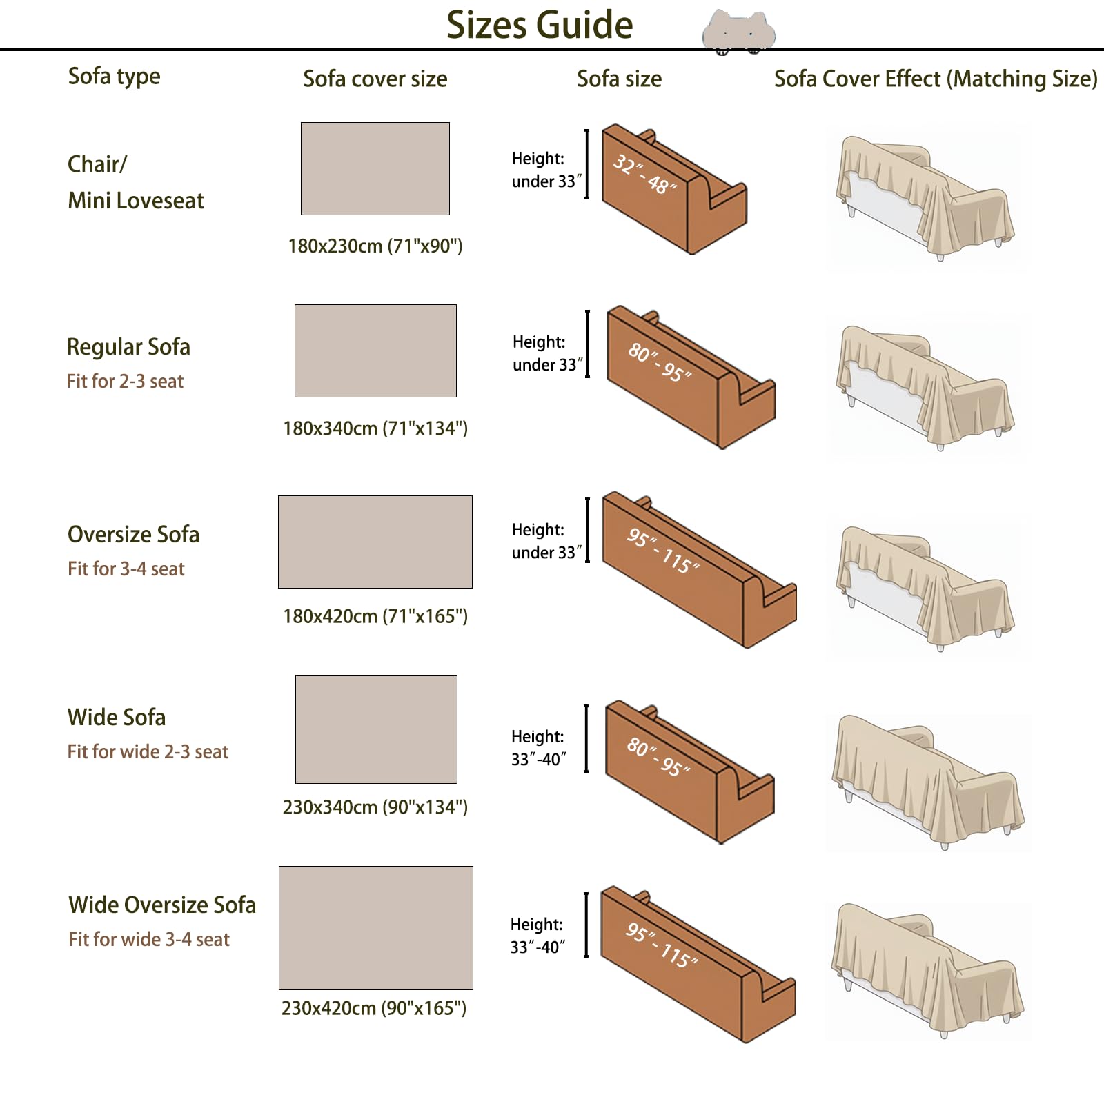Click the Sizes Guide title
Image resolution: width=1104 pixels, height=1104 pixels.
(540, 26)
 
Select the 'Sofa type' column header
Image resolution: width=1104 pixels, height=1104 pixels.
(114, 77)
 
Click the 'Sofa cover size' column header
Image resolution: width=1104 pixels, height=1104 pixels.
(375, 79)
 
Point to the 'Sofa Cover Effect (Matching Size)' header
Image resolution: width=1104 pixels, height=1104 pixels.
(936, 79)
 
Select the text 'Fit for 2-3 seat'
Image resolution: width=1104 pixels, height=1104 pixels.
(125, 381)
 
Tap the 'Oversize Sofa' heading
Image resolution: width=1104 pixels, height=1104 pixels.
(133, 534)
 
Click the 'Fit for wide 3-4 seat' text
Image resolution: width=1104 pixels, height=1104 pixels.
(149, 939)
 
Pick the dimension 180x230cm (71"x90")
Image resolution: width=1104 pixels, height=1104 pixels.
(375, 246)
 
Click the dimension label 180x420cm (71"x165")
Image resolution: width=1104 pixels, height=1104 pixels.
(375, 616)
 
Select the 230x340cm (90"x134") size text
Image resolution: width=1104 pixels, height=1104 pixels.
(375, 807)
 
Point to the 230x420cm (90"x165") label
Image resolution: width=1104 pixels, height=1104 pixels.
(374, 1008)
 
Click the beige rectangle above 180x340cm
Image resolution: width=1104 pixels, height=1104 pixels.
(375, 351)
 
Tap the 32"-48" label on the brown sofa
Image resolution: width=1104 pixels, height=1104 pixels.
(645, 175)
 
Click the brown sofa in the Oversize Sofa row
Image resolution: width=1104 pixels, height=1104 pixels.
(699, 569)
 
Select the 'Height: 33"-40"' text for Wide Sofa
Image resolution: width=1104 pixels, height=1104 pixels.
(538, 748)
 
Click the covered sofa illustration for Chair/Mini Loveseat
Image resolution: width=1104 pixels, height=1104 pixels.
(925, 198)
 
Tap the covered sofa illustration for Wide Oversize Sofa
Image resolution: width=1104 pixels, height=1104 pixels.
(928, 970)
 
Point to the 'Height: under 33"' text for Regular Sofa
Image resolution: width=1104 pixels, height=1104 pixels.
(547, 353)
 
